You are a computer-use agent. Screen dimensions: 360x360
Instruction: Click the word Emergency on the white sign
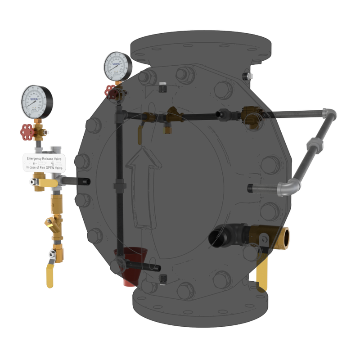(37, 159)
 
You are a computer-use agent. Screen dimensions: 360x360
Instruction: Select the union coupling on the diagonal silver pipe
(312, 145)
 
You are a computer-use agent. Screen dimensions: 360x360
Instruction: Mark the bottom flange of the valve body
(200, 306)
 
